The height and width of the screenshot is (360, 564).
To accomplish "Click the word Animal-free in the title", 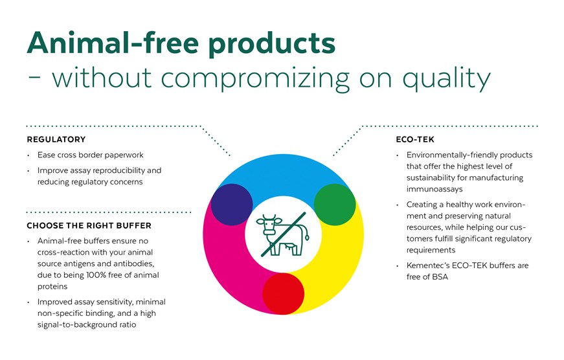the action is tap(113, 43).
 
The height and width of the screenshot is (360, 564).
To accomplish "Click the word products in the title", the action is tap(272, 45).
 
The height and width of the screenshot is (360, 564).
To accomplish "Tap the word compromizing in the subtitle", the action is tap(255, 79).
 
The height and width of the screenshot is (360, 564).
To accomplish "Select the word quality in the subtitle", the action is tap(446, 79).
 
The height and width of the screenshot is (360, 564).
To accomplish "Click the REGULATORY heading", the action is tap(56, 139).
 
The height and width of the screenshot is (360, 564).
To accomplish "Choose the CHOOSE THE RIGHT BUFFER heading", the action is tap(89, 225).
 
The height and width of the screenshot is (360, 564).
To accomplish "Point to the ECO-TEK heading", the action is tap(415, 139).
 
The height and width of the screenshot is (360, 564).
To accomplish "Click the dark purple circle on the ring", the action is tap(232, 205).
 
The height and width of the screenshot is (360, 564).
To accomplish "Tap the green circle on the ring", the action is tap(335, 205).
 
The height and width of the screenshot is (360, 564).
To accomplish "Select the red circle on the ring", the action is tap(284, 294).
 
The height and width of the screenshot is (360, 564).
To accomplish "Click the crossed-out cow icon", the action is tap(283, 234).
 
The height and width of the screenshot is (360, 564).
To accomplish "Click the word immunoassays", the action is tap(434, 189).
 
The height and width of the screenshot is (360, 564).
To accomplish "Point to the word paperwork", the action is tap(124, 155).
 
